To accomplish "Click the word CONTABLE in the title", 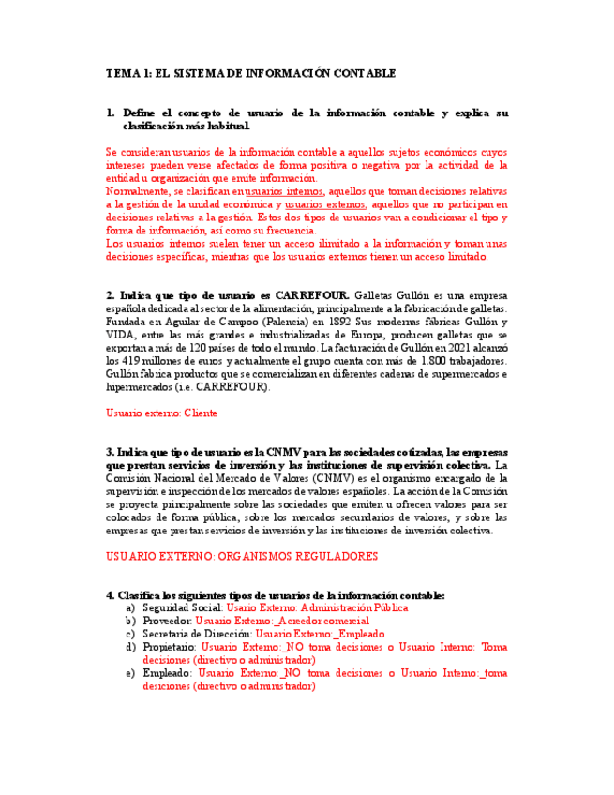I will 363,72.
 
